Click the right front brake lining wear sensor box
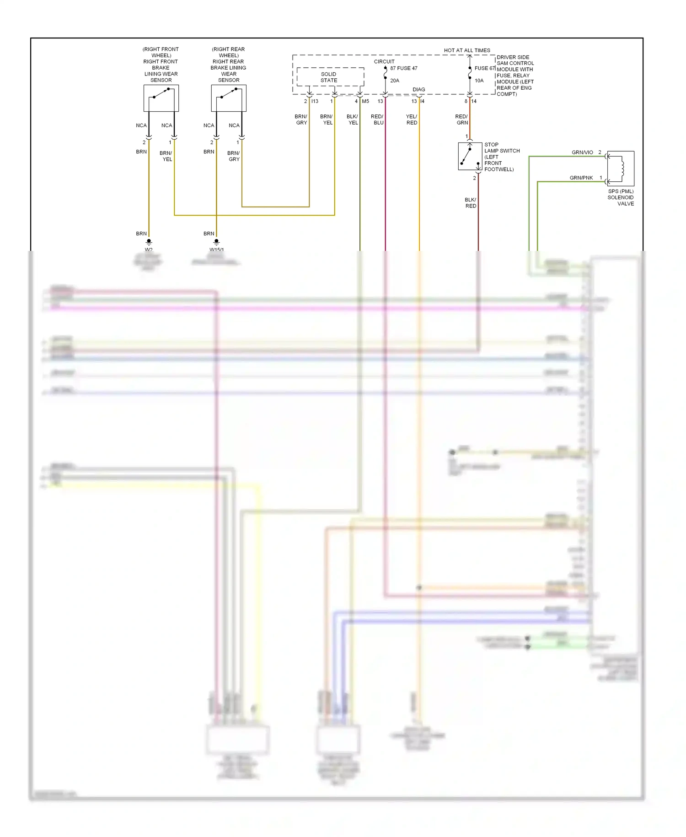click(161, 98)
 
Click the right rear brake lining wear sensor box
click(229, 98)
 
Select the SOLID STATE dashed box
click(330, 77)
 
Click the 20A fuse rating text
click(395, 81)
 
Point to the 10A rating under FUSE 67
click(479, 81)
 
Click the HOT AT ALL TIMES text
click(467, 50)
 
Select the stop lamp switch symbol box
click(470, 157)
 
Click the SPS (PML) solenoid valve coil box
click(621, 168)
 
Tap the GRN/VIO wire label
click(582, 152)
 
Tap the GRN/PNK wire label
click(581, 178)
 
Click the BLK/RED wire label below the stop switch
click(471, 203)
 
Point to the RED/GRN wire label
click(461, 120)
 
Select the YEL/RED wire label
click(412, 120)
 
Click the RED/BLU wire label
click(377, 120)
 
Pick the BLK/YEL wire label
click(353, 120)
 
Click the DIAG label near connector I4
click(418, 90)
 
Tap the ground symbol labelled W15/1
click(216, 242)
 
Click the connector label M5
click(365, 101)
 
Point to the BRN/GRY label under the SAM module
click(301, 120)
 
